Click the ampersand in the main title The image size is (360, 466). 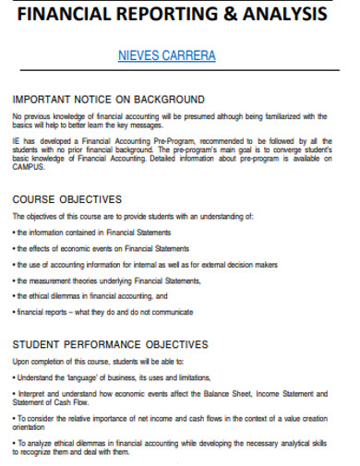pyautogui.click(x=236, y=16)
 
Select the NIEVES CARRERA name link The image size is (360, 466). pyautogui.click(x=167, y=56)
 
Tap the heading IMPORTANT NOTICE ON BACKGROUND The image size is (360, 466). pyautogui.click(x=108, y=99)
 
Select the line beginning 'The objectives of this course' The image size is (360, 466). pyautogui.click(x=132, y=216)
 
